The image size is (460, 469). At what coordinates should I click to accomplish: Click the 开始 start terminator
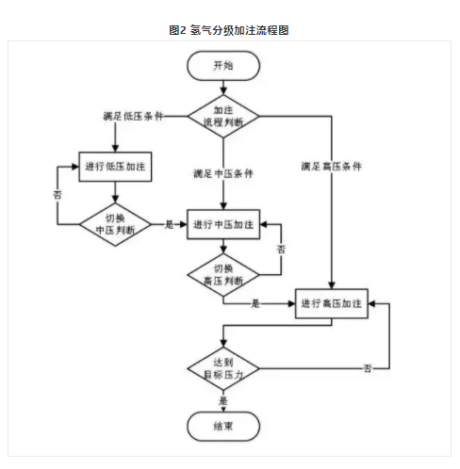click(x=223, y=66)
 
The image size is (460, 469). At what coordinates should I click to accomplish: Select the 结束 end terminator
click(x=223, y=427)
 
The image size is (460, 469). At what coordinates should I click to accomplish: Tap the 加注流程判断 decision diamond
click(x=223, y=116)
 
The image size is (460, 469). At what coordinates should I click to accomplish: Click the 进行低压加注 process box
click(x=115, y=167)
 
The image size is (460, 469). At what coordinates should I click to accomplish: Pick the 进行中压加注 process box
click(x=223, y=224)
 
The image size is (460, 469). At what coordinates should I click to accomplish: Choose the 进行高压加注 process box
click(x=332, y=303)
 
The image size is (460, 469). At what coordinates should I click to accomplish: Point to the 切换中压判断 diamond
click(x=115, y=224)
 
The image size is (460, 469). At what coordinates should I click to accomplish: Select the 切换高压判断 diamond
click(x=223, y=275)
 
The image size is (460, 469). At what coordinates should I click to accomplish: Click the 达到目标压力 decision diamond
click(x=223, y=368)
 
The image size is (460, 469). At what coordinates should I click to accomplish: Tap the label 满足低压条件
click(x=133, y=116)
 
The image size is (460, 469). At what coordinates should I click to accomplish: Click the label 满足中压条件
click(x=223, y=173)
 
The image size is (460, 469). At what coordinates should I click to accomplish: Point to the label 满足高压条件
click(x=332, y=167)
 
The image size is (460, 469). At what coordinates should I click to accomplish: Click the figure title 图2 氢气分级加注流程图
click(x=229, y=30)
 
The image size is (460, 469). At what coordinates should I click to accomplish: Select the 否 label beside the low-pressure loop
click(x=57, y=195)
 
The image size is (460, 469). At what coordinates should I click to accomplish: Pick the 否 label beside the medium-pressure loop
click(x=281, y=250)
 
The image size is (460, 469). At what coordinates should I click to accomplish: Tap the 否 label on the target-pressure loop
click(x=368, y=368)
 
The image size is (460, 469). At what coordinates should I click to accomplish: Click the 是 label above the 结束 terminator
click(x=223, y=401)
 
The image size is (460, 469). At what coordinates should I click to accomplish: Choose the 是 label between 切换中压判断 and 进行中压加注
click(x=169, y=224)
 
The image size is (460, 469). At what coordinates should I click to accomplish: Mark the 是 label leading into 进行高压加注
click(x=255, y=303)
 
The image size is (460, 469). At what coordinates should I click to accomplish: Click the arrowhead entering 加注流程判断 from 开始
click(x=223, y=91)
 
